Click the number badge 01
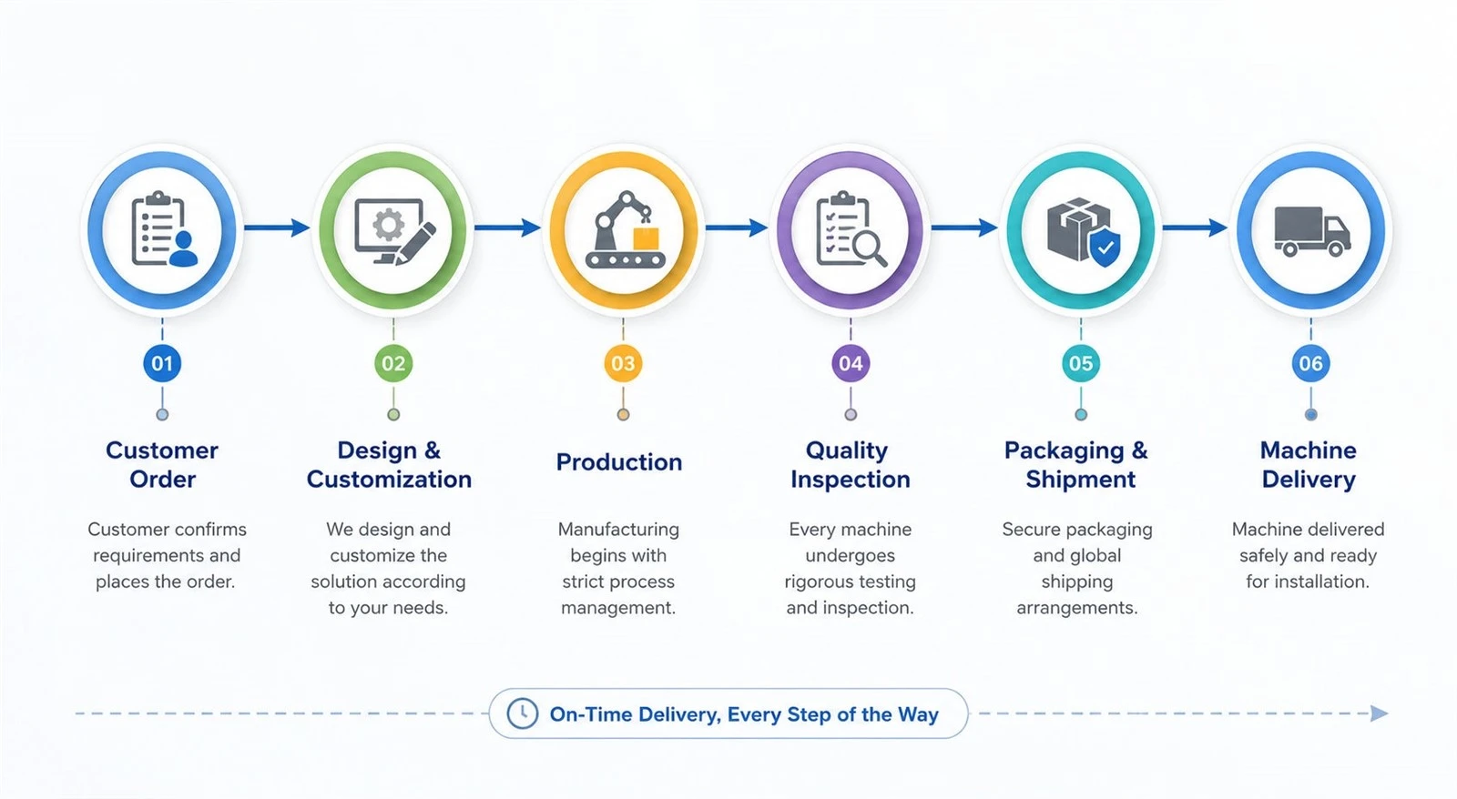point(162,363)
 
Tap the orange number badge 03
point(623,363)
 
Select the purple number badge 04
point(851,363)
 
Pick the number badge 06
point(1310,363)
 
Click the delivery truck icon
point(1312,231)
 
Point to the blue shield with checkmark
point(1105,247)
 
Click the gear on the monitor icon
point(388,225)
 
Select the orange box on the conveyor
point(646,238)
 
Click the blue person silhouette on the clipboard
point(183,248)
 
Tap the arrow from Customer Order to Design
point(277,228)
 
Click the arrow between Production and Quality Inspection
point(737,228)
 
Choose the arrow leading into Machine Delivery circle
point(1195,228)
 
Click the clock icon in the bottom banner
point(523,713)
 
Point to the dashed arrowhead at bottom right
point(1379,713)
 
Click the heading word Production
point(619,462)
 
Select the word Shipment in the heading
point(1080,480)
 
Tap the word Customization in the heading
point(389,480)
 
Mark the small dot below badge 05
point(1081,415)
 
